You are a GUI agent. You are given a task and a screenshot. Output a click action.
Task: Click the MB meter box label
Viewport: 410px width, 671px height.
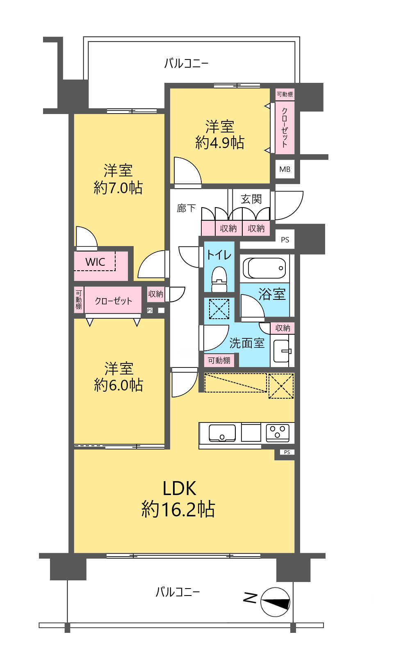tap(285, 169)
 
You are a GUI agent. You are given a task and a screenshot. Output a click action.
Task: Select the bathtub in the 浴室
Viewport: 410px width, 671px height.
tap(264, 268)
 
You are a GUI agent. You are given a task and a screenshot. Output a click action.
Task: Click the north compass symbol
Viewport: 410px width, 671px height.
tap(275, 602)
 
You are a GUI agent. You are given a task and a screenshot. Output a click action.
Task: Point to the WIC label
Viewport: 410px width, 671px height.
tap(95, 262)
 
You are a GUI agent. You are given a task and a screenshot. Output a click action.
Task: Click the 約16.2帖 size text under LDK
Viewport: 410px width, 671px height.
tap(178, 509)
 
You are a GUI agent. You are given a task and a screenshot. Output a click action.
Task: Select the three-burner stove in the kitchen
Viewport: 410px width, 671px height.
tap(278, 433)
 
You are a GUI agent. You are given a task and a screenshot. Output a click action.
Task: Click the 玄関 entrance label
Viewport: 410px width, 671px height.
tap(251, 199)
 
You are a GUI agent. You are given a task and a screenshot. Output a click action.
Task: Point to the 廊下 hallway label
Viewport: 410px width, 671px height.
tap(186, 208)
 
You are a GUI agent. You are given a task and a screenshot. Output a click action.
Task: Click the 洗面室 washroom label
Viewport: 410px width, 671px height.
tap(247, 343)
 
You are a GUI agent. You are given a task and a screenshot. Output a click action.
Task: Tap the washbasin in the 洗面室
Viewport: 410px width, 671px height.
tap(282, 351)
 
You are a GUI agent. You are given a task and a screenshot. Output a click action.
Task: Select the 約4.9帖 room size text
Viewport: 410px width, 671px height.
tap(220, 143)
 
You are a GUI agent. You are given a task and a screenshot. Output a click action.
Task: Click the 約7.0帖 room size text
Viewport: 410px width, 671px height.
tap(118, 188)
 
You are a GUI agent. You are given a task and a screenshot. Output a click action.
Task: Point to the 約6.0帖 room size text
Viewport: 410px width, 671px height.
tap(118, 385)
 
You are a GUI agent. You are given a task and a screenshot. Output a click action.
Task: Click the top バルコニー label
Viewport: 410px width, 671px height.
tap(186, 64)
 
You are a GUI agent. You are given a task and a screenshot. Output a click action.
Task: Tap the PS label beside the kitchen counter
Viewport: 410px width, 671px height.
tap(287, 452)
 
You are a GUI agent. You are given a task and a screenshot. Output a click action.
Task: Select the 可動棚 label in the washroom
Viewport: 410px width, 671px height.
tap(219, 361)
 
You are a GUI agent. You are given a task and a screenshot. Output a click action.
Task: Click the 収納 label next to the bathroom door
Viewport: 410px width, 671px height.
tap(282, 328)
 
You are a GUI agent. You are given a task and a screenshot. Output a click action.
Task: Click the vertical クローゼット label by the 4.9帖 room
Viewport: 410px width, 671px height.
tap(285, 127)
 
